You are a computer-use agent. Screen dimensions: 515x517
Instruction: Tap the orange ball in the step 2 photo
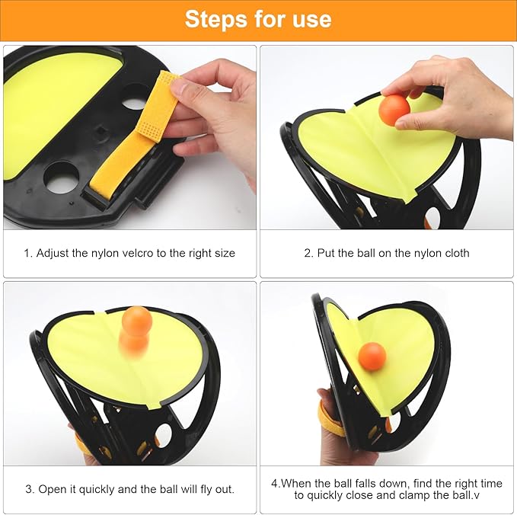(394, 110)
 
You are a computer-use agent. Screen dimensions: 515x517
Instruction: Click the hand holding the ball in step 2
(457, 95)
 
